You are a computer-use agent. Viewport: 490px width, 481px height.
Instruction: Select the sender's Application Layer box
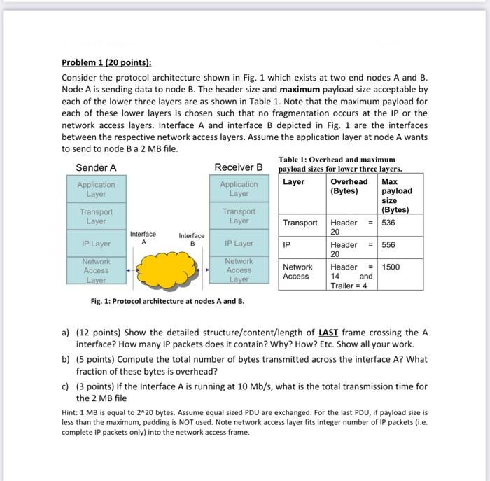click(x=97, y=189)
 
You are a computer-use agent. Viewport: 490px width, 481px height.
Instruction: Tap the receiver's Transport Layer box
click(x=239, y=216)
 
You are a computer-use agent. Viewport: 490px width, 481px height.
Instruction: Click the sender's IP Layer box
click(x=97, y=244)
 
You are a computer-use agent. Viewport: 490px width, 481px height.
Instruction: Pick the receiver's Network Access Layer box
click(x=239, y=270)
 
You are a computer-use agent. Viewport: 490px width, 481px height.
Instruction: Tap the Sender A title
click(x=96, y=167)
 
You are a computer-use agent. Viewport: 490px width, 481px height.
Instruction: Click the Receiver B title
click(x=239, y=167)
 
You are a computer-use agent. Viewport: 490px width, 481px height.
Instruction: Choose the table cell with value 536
click(x=390, y=223)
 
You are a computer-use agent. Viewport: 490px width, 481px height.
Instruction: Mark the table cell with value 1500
click(x=391, y=267)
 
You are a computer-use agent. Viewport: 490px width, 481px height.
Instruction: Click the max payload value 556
click(x=390, y=246)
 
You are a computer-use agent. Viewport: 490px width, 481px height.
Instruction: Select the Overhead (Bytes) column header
click(x=349, y=186)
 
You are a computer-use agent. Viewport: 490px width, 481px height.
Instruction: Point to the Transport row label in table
click(x=300, y=223)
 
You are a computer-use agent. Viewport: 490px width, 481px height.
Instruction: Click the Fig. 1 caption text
click(x=157, y=301)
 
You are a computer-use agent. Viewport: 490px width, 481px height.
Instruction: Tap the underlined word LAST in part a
click(x=328, y=333)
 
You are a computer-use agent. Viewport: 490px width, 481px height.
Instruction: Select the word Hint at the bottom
click(x=70, y=413)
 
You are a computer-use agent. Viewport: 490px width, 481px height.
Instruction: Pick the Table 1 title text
click(x=337, y=165)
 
